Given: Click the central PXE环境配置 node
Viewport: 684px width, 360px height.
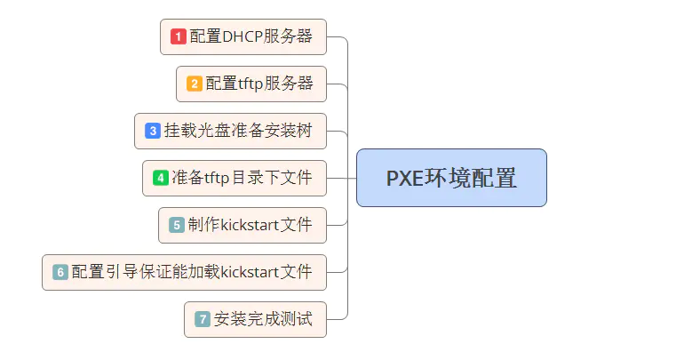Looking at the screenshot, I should click(x=451, y=178).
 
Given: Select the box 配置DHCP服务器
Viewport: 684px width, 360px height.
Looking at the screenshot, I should click(x=243, y=36).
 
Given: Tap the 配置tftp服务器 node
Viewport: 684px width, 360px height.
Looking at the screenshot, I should click(x=251, y=84).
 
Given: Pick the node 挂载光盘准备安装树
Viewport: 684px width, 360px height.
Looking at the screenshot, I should click(x=230, y=131).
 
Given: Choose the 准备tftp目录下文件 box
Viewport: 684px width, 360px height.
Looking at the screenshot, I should click(x=235, y=178).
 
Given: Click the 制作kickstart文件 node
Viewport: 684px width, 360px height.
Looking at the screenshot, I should click(x=243, y=225).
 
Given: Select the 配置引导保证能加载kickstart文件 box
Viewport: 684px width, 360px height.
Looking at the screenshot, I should click(x=184, y=272).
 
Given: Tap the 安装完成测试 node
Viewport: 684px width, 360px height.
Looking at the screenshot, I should click(x=255, y=319).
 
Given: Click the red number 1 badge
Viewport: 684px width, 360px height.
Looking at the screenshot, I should click(x=179, y=36).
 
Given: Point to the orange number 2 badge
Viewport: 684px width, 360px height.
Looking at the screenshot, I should click(x=195, y=84).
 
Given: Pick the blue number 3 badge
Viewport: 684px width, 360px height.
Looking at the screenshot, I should click(x=153, y=131).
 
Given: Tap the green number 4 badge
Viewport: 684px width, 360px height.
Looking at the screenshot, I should click(x=161, y=178).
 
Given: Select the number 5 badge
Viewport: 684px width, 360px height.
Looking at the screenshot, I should click(x=177, y=225).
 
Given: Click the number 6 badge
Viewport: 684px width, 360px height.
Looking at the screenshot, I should click(x=60, y=272).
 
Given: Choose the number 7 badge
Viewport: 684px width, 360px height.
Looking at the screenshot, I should click(x=203, y=319).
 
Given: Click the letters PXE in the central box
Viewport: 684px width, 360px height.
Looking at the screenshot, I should click(x=406, y=178).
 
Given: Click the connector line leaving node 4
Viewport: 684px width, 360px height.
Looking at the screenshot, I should click(x=341, y=178).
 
